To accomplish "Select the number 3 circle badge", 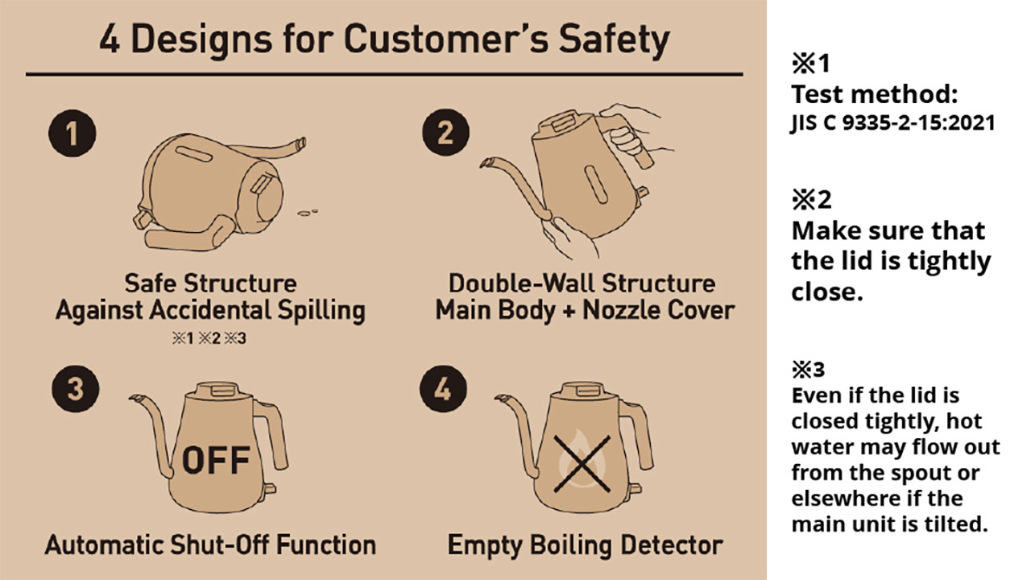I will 74,390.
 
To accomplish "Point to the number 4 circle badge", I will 443,390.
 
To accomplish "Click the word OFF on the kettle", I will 215,459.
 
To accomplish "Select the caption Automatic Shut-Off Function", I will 210,545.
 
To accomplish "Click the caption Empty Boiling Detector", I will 585,545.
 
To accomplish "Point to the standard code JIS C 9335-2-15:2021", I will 892,123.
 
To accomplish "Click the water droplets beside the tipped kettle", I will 307,213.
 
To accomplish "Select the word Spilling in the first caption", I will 317,311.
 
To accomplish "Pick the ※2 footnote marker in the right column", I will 812,199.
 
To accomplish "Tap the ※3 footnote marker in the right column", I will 809,370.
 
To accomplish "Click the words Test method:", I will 874,94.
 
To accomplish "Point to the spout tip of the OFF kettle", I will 135,398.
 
